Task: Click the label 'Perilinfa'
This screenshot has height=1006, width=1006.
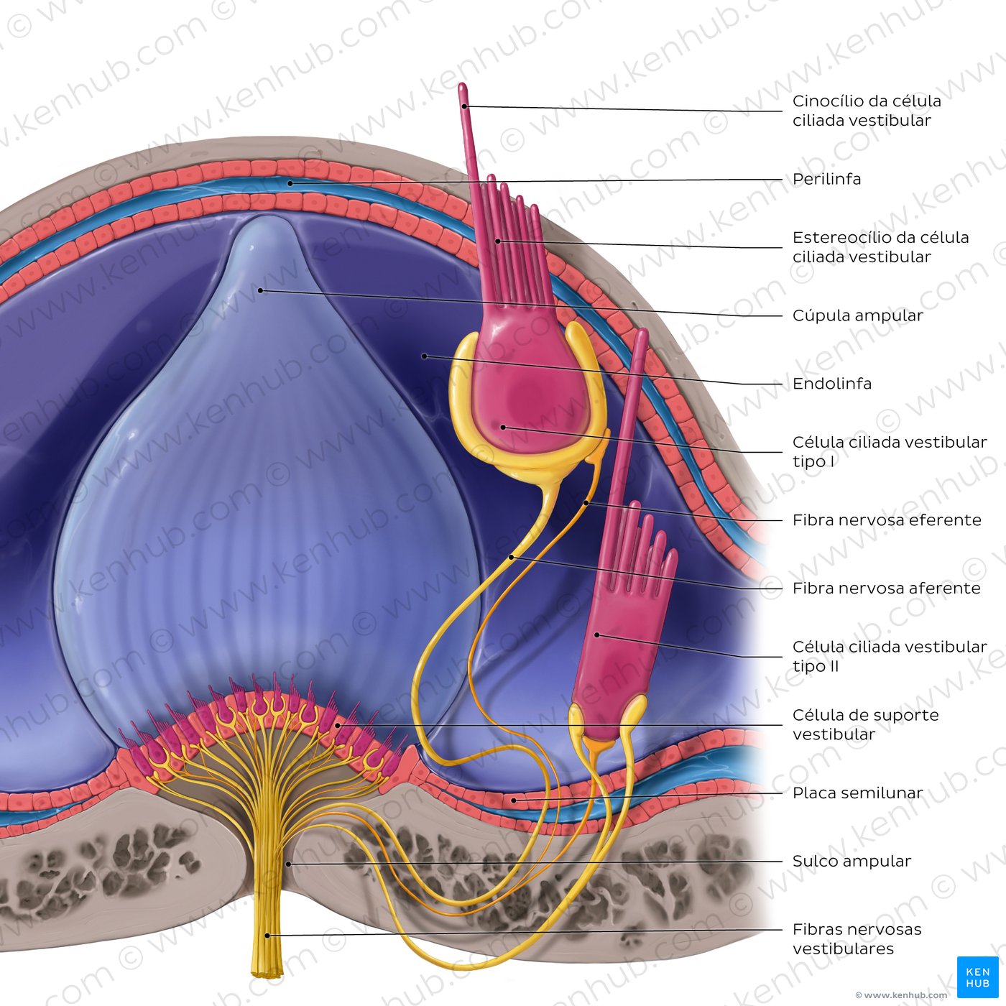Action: click(826, 179)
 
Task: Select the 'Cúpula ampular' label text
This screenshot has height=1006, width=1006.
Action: click(857, 315)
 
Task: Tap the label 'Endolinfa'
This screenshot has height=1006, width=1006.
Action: click(831, 384)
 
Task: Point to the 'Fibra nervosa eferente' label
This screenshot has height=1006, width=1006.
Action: click(886, 520)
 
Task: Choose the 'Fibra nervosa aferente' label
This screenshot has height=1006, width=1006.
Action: click(886, 589)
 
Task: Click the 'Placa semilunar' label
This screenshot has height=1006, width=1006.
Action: click(857, 793)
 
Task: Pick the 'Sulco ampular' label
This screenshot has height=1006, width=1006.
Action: click(852, 861)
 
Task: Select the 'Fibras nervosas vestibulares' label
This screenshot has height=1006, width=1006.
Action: click(857, 938)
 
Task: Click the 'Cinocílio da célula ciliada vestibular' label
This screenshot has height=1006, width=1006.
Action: click(866, 111)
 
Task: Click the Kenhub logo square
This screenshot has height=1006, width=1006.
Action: click(977, 977)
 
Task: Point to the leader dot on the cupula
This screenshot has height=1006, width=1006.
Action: click(261, 290)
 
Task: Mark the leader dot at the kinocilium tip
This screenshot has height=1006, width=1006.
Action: click(465, 106)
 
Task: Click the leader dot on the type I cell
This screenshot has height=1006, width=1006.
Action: click(503, 428)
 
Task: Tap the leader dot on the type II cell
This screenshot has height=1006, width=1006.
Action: click(597, 634)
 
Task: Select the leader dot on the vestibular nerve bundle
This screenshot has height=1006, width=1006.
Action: click(267, 935)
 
